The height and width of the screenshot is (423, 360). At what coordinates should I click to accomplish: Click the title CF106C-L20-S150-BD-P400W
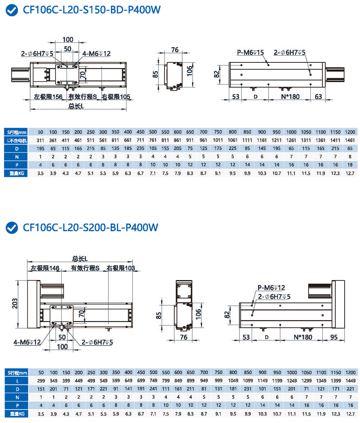click(x=91, y=10)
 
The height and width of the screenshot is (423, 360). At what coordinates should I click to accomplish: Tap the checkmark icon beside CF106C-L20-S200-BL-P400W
click(x=12, y=228)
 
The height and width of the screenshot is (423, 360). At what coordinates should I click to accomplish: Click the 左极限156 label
click(x=49, y=96)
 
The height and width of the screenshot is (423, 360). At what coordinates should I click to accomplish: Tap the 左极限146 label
click(x=45, y=268)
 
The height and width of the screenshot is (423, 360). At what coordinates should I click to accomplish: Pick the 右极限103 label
click(x=121, y=268)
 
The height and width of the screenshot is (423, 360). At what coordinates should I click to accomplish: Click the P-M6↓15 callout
click(x=251, y=53)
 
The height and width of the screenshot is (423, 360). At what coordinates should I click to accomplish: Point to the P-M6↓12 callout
click(x=271, y=287)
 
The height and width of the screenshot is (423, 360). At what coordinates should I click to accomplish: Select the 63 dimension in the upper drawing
click(x=318, y=96)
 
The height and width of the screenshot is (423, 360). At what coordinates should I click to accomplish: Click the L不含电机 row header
click(x=15, y=140)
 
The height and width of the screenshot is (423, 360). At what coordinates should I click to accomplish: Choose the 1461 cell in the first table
click(x=350, y=140)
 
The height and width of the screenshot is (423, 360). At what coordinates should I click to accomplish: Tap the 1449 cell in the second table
click(x=350, y=380)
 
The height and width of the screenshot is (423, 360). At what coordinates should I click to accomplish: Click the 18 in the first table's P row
click(x=350, y=165)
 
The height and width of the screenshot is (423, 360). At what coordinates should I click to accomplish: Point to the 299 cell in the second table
click(x=41, y=380)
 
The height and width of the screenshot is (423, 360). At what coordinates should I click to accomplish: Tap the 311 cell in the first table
click(x=41, y=140)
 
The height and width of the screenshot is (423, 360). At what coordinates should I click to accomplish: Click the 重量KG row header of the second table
click(x=15, y=413)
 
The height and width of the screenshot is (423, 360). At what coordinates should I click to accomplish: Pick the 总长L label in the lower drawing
click(x=80, y=259)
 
